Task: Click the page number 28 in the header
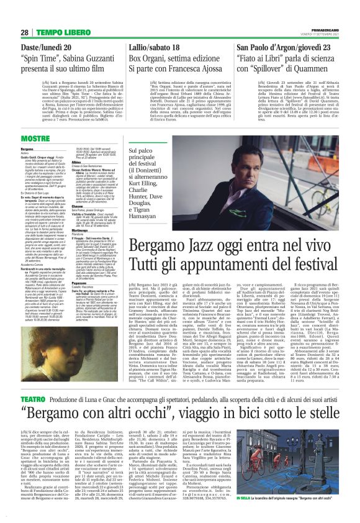[24, 32]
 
